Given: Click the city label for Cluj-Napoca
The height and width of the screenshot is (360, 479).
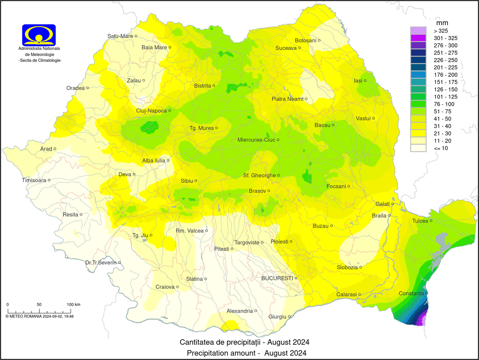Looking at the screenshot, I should pos(151,111).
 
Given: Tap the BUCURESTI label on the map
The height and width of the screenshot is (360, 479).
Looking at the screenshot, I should pos(277,278).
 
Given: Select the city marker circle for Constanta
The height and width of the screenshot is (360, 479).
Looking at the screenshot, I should pos(427,293).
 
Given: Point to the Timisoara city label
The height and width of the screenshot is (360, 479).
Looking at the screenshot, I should pos(34,180).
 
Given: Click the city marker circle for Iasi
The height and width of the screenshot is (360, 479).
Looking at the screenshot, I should pos(365,81).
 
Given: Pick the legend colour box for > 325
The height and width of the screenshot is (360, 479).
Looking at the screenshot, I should pos(418,31).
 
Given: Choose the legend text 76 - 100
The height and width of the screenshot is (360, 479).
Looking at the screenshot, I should pos(444,104).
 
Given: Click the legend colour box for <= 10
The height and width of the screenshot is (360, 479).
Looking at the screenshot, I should pos(418,148).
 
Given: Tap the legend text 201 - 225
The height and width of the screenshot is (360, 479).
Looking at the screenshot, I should pos(446,67).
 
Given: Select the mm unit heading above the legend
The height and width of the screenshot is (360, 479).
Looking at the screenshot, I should pos(442,23).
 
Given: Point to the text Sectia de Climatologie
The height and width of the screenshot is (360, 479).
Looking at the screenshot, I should pos(40,60).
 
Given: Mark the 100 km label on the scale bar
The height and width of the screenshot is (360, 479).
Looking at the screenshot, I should pos(73,304).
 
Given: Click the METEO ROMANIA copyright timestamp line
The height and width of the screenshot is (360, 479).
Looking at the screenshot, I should pos(39,316).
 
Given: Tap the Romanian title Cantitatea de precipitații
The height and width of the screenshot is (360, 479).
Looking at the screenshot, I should pos(244,342).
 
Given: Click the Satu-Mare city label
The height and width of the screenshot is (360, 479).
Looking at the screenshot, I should pos(120,36).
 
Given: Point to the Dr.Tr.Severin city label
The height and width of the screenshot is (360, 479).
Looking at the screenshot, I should pos(101,262).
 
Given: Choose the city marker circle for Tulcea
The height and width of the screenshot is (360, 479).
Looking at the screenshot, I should pos(431,220).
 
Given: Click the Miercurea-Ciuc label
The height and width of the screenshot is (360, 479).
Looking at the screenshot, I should pos(256,140).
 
